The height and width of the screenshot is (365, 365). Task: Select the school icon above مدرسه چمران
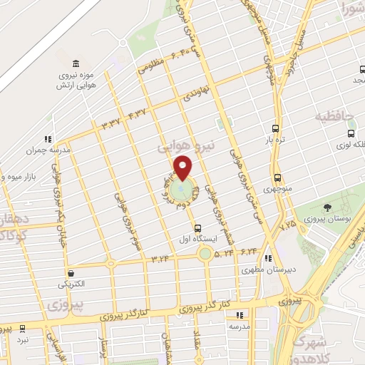[47, 139]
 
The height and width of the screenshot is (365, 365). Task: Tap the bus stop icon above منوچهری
[277, 178]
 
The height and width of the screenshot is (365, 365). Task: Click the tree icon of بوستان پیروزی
[327, 208]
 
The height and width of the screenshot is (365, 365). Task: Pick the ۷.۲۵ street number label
[287, 225]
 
